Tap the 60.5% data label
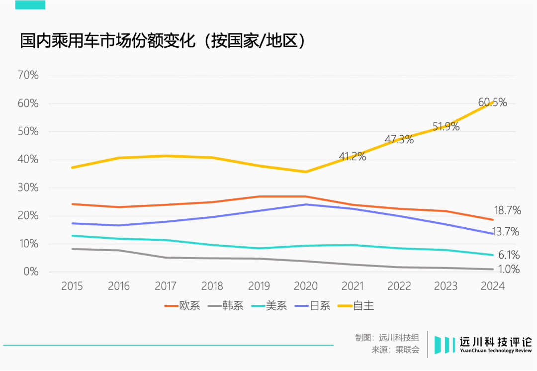492,102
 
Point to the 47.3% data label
399,139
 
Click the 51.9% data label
446,126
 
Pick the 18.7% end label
507,210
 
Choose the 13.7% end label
506,231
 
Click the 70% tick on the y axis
28,76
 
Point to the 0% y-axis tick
31,272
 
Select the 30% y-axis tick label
28,187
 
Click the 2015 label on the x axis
72,286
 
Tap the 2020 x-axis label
306,286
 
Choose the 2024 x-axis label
493,286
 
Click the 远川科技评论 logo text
495,342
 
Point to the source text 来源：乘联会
395,350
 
